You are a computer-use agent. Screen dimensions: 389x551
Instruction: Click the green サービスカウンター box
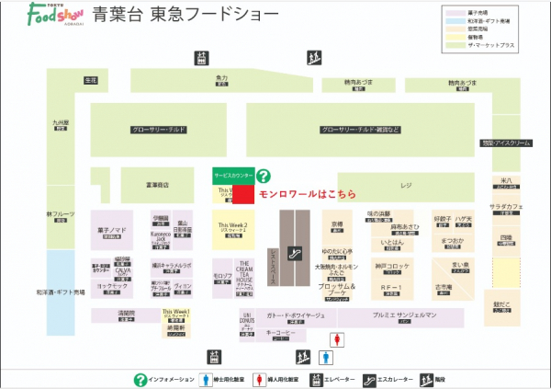(x=231, y=174)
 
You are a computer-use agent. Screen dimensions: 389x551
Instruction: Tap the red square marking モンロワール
(x=242, y=194)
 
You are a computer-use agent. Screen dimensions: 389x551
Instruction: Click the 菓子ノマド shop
(x=111, y=233)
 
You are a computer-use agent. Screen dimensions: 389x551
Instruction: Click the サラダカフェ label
(x=506, y=208)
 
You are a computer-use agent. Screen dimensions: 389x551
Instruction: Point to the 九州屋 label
(x=61, y=122)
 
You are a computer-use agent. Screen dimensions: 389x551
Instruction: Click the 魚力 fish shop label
(x=221, y=80)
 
